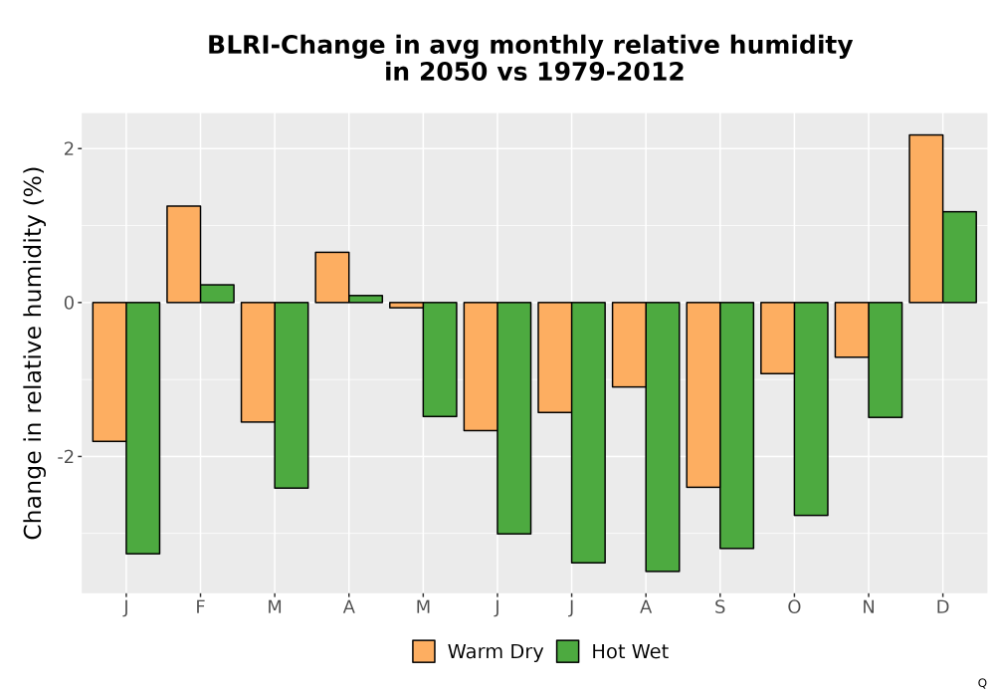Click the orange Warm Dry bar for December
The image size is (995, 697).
(x=925, y=218)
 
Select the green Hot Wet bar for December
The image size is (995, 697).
(x=959, y=257)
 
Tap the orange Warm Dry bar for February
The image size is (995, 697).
(x=183, y=254)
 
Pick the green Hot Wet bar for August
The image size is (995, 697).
(x=663, y=437)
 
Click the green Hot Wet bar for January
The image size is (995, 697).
(x=142, y=428)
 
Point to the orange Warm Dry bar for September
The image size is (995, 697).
(x=703, y=395)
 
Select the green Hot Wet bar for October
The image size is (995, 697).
(x=811, y=409)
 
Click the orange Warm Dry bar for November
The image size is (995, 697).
(x=852, y=330)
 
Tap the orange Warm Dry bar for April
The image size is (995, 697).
(x=332, y=278)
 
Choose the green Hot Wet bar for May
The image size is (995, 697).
(x=440, y=359)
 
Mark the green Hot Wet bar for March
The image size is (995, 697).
(x=292, y=395)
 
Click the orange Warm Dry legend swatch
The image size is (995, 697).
(x=424, y=651)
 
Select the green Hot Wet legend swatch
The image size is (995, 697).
(x=567, y=651)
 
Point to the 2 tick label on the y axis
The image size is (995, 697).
(x=70, y=148)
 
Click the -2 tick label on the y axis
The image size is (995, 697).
(x=66, y=457)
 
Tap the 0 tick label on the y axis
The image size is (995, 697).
(x=70, y=303)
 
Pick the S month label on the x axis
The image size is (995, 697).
(x=719, y=607)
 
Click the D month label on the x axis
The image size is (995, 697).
(x=942, y=607)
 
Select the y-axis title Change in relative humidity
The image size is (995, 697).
(x=33, y=352)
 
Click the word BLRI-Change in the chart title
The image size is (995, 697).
(x=296, y=45)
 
